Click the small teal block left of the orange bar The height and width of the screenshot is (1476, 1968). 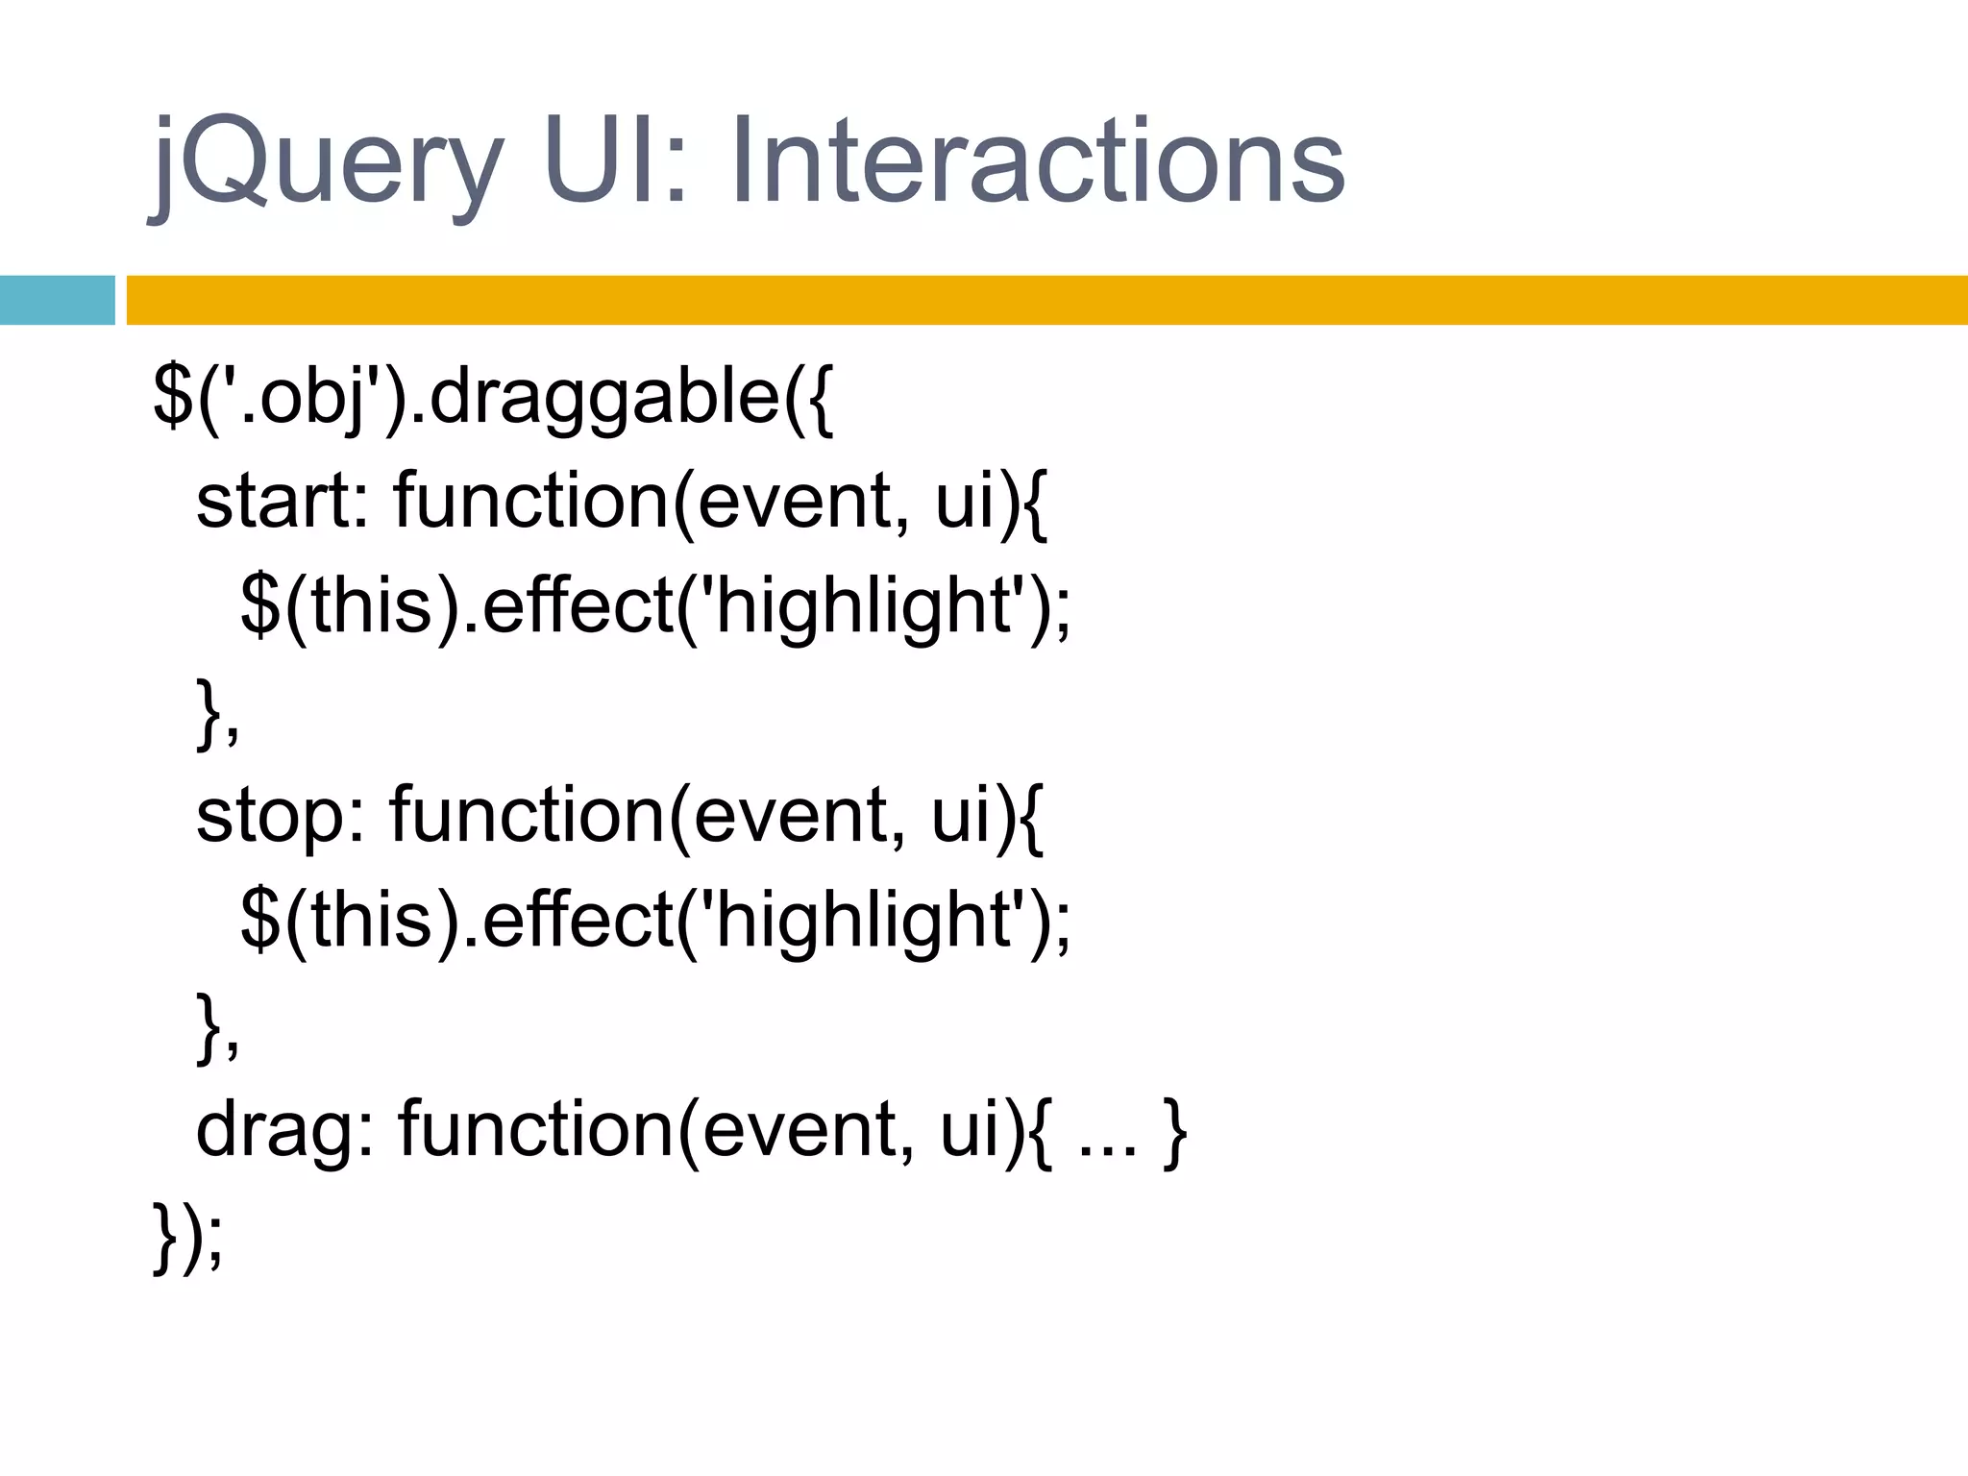tap(57, 300)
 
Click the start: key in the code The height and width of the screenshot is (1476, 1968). tap(283, 503)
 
